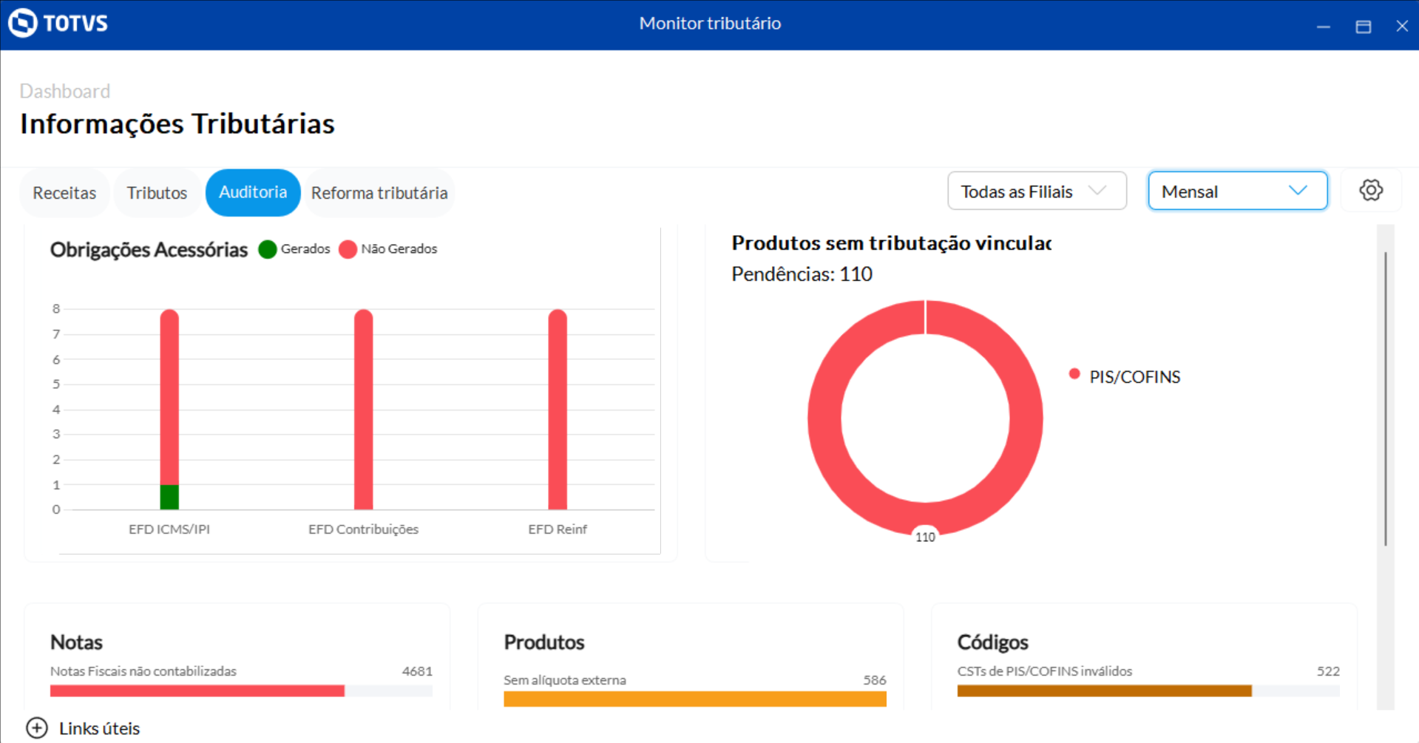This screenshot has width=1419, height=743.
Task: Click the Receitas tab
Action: click(x=64, y=193)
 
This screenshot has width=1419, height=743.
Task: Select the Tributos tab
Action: click(x=157, y=193)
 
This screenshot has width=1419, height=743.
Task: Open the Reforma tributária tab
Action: click(x=379, y=193)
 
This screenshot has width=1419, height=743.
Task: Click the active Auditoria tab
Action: click(x=253, y=192)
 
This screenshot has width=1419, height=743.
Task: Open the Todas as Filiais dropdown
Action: click(x=1037, y=191)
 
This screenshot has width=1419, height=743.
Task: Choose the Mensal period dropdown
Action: click(x=1237, y=191)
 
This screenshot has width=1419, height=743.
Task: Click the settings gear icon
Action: click(x=1371, y=191)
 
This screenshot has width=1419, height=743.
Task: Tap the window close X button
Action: click(x=1402, y=27)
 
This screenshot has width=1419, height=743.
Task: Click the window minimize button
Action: click(x=1324, y=27)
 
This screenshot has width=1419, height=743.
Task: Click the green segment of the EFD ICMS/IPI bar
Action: click(x=169, y=497)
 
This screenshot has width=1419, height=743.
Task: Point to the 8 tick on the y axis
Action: click(x=56, y=309)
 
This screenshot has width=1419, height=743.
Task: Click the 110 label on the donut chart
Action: click(x=925, y=537)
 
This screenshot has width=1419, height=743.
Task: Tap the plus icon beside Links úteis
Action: click(x=37, y=728)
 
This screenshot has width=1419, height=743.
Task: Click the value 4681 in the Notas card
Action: click(x=417, y=671)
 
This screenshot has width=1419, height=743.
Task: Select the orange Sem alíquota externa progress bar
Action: click(x=694, y=699)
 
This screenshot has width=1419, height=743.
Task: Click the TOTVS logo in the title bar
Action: click(x=58, y=24)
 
